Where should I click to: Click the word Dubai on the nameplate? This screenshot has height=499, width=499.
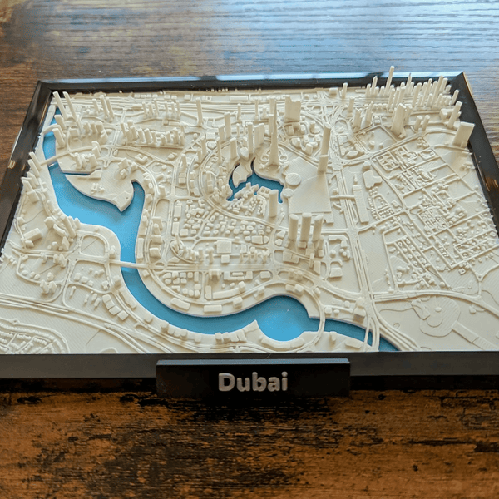click(253, 382)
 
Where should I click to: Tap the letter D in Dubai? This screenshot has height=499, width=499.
click(226, 382)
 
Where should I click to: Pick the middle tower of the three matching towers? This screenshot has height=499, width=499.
click(305, 228)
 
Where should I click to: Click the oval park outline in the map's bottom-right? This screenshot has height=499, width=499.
click(436, 314)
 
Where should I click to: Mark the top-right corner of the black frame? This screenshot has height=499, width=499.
click(460, 74)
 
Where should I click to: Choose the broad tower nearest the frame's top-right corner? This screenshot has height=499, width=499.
click(463, 133)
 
